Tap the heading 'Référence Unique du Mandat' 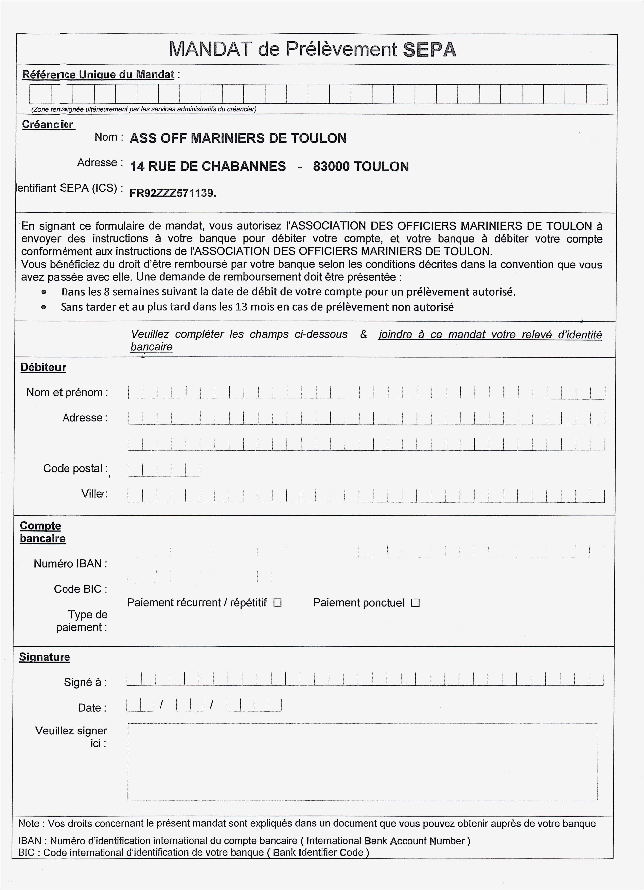tap(98, 75)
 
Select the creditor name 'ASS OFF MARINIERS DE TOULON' tap(238, 138)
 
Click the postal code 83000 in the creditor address tap(331, 166)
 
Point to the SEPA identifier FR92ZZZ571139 tap(173, 193)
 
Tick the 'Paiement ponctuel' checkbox tap(415, 603)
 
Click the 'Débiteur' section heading tap(43, 367)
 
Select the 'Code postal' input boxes tap(164, 470)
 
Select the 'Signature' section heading tap(44, 657)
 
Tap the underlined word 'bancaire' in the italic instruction tap(151, 347)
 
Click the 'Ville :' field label tap(94, 494)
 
